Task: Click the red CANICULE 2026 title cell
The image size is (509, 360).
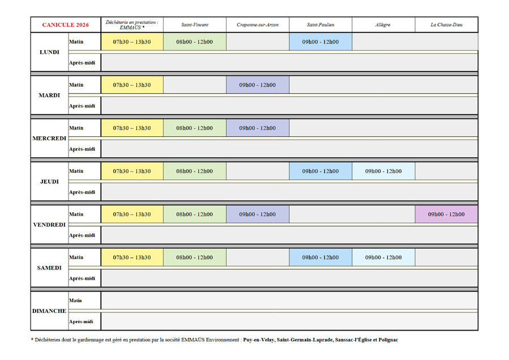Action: point(66,25)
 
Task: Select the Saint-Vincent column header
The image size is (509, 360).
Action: point(195,25)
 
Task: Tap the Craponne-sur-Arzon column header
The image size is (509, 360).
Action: point(258,25)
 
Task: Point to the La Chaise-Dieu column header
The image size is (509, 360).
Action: point(446,25)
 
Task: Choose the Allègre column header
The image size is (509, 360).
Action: point(383,25)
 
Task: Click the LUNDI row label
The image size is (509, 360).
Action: point(49,52)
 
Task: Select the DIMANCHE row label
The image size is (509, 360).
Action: point(49,311)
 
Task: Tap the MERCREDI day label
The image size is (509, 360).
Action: point(49,138)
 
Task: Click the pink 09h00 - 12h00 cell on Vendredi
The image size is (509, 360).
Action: point(446,215)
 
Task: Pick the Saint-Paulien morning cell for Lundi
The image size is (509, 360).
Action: point(320,41)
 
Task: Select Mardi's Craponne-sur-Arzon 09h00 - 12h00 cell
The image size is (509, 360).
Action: point(258,85)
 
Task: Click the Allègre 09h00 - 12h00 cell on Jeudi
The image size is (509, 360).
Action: point(383,171)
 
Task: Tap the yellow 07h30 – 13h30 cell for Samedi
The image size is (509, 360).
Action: point(132,258)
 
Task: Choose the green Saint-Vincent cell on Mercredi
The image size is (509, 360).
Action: point(195,128)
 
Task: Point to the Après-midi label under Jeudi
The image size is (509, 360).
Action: point(82,192)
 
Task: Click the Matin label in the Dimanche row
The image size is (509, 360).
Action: point(76,300)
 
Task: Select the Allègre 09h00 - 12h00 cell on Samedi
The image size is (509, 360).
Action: point(383,258)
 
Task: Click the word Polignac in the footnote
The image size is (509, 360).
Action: point(388,340)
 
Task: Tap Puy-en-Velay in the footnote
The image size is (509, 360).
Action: point(259,340)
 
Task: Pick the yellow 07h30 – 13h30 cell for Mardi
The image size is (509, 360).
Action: point(132,85)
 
